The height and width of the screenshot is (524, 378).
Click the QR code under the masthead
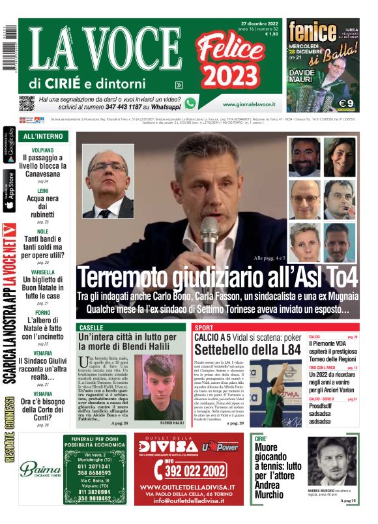click(x=26, y=103)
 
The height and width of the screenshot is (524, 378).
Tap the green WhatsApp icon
click(x=190, y=103)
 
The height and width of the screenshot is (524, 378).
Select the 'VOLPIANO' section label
click(x=43, y=150)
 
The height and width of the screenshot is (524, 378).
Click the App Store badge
click(x=9, y=192)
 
